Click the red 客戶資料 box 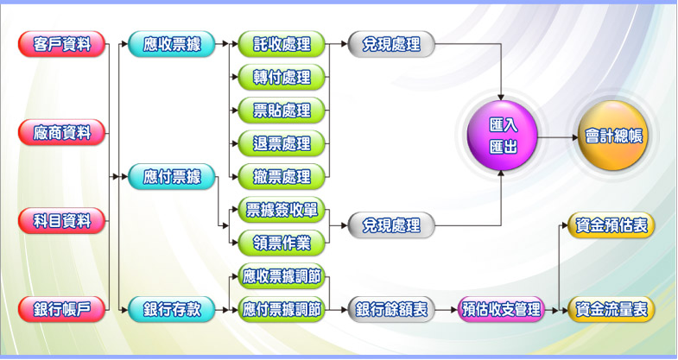coord(61,44)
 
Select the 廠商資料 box coord(61,132)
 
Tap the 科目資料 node coord(61,220)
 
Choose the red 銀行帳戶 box coord(61,308)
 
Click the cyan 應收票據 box coord(171,44)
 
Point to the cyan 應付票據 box coord(171,177)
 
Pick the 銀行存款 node coord(171,308)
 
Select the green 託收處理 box coord(282,44)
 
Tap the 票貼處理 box coord(282,110)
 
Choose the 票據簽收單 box coord(282,209)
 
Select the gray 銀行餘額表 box coord(391,308)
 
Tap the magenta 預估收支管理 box coord(501,308)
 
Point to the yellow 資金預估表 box coord(611,225)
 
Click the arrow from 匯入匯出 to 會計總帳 coord(556,136)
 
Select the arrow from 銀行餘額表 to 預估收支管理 coord(446,308)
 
